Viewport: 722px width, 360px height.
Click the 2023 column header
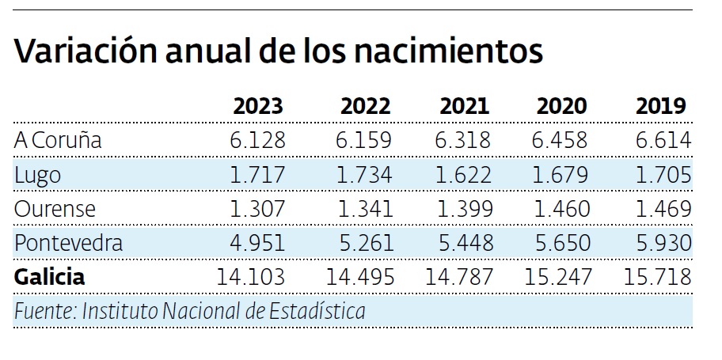[x=257, y=106]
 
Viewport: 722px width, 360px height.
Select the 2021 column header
[x=464, y=106]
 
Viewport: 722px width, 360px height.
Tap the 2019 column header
[x=660, y=106]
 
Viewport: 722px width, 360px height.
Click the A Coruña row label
[x=58, y=140]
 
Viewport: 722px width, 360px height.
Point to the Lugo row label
[x=37, y=174]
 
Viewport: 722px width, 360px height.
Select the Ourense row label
[x=55, y=209]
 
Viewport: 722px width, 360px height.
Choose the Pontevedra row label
[x=68, y=243]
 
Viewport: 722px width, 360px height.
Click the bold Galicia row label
[x=49, y=277]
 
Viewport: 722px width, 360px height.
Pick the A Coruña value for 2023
[x=257, y=140]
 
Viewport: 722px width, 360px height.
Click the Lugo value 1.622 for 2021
[x=464, y=174]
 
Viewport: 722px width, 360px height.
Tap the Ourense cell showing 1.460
[x=562, y=209]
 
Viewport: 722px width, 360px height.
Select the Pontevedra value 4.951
[x=257, y=243]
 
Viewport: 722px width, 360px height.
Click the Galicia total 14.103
[x=251, y=277]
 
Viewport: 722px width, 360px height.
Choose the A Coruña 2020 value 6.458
[x=562, y=140]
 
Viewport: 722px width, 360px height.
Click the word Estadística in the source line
[x=317, y=311]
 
